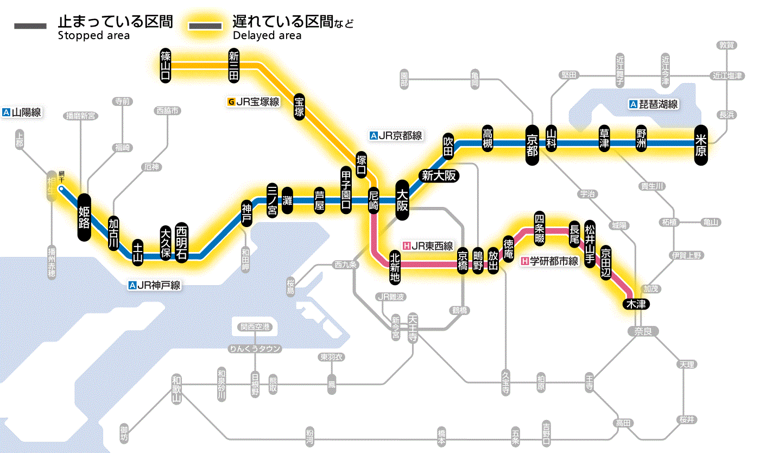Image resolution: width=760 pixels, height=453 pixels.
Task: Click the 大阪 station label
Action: [402, 200]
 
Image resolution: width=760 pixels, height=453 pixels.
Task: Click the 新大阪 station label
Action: [439, 175]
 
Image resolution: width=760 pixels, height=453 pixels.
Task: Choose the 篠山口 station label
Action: [166, 65]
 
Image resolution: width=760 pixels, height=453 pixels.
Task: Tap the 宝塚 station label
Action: [299, 106]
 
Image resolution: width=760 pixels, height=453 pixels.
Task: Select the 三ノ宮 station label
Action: [272, 200]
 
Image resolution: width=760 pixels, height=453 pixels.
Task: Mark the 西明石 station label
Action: [181, 242]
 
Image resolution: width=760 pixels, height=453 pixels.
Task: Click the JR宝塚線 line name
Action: [257, 102]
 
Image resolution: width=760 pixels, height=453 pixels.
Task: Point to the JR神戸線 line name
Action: [158, 285]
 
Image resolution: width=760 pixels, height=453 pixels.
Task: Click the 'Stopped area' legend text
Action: [93, 36]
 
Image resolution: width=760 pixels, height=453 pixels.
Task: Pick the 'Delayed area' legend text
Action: [267, 36]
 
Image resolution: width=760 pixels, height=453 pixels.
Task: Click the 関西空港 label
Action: [255, 327]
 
